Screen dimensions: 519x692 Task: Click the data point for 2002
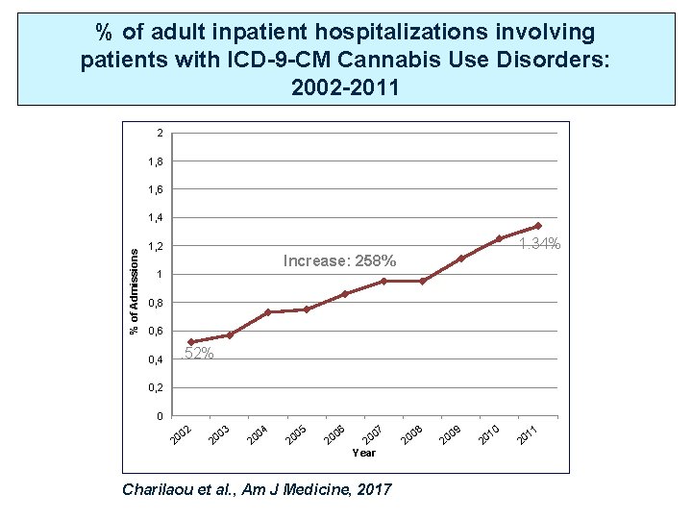point(191,342)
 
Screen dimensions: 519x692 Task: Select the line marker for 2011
point(537,226)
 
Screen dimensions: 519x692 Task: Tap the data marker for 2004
point(268,312)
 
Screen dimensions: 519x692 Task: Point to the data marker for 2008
point(422,281)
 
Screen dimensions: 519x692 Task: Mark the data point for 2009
point(460,259)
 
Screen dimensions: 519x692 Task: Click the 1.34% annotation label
point(539,245)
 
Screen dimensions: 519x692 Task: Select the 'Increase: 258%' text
point(339,261)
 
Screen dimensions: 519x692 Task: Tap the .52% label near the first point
point(198,354)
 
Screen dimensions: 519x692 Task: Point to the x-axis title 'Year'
point(364,453)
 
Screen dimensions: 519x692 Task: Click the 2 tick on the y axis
point(159,133)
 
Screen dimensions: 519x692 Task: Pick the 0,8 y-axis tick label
point(155,303)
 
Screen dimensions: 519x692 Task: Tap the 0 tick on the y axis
point(159,416)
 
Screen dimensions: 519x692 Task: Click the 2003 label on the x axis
point(219,434)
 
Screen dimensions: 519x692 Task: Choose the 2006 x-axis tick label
point(334,434)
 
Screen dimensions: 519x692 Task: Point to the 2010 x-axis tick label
point(488,434)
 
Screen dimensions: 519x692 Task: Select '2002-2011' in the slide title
point(345,88)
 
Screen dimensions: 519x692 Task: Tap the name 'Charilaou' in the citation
point(164,489)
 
